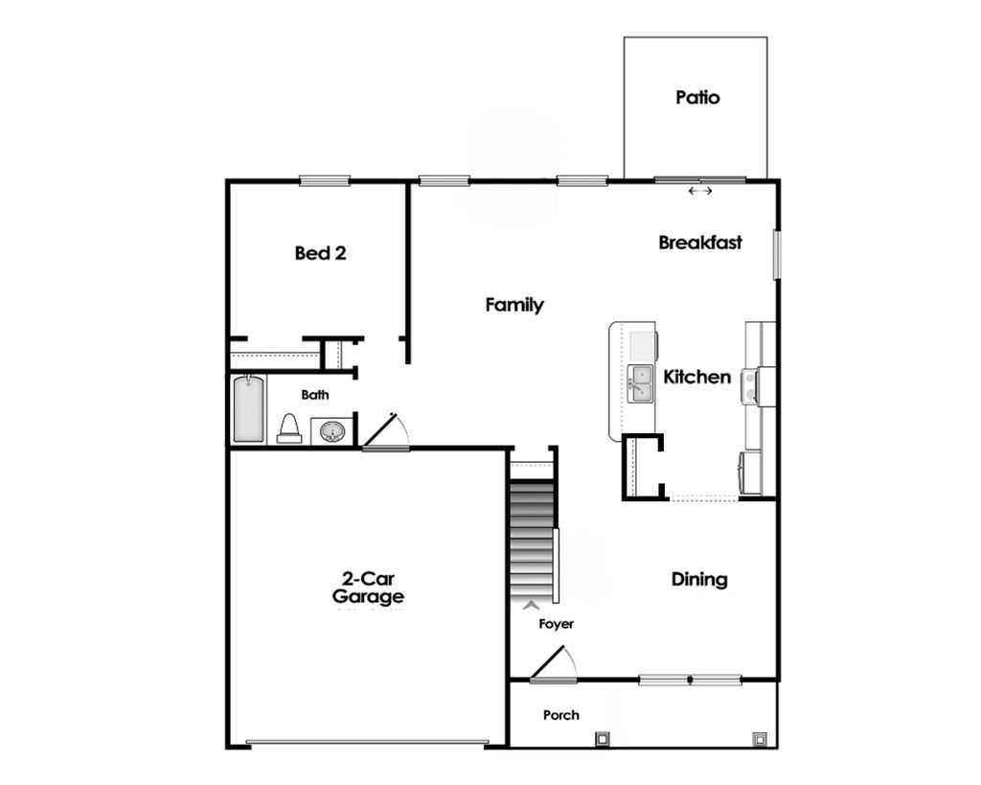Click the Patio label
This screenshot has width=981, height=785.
pyautogui.click(x=696, y=98)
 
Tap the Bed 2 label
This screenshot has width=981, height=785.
pyautogui.click(x=320, y=254)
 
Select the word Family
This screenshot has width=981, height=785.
pyautogui.click(x=514, y=306)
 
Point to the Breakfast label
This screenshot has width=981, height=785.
pyautogui.click(x=700, y=243)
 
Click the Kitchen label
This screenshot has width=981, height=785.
pyautogui.click(x=697, y=378)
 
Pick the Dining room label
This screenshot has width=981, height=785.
pyautogui.click(x=699, y=580)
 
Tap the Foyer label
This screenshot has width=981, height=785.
pyautogui.click(x=556, y=624)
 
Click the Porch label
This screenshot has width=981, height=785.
pyautogui.click(x=560, y=715)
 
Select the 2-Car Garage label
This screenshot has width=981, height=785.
pyautogui.click(x=368, y=588)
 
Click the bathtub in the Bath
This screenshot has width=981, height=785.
pyautogui.click(x=248, y=409)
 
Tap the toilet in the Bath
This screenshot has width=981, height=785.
pyautogui.click(x=289, y=429)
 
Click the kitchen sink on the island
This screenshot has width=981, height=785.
pyautogui.click(x=640, y=384)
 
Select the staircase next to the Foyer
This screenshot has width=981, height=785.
pyautogui.click(x=532, y=542)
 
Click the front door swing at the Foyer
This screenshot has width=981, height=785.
pyautogui.click(x=553, y=664)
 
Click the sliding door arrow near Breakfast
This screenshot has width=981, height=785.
pyautogui.click(x=700, y=192)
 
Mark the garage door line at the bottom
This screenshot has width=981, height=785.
pyautogui.click(x=367, y=741)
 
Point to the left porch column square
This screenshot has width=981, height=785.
pyautogui.click(x=602, y=738)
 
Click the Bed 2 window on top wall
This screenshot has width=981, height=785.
pyautogui.click(x=324, y=180)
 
